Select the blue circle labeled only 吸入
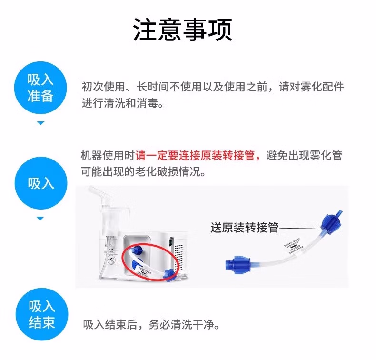point(40,183)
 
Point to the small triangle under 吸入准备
point(40,123)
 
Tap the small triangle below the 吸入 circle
point(40,219)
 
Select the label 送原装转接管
point(244,228)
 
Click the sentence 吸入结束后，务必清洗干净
point(151,325)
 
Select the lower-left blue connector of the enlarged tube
point(237,262)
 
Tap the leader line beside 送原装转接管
point(297,228)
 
